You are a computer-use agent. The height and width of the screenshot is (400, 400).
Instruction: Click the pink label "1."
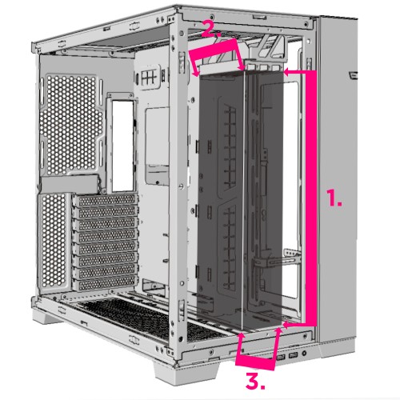334,198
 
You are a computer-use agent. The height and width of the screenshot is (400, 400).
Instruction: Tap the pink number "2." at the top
211,28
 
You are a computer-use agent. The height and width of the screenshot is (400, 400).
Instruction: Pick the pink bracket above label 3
255,363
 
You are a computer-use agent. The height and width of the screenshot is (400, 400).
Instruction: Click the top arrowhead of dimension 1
286,71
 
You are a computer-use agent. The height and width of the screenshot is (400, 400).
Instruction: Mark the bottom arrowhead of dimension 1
286,325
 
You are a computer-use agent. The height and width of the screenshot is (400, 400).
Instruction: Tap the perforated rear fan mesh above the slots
71,125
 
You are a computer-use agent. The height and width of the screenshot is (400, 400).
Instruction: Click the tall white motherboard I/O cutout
122,146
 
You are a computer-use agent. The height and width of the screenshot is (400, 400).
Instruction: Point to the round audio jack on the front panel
304,354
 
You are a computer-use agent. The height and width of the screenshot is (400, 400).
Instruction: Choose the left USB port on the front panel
281,358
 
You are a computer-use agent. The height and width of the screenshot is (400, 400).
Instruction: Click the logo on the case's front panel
353,76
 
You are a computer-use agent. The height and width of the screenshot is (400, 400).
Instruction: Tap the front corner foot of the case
186,374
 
